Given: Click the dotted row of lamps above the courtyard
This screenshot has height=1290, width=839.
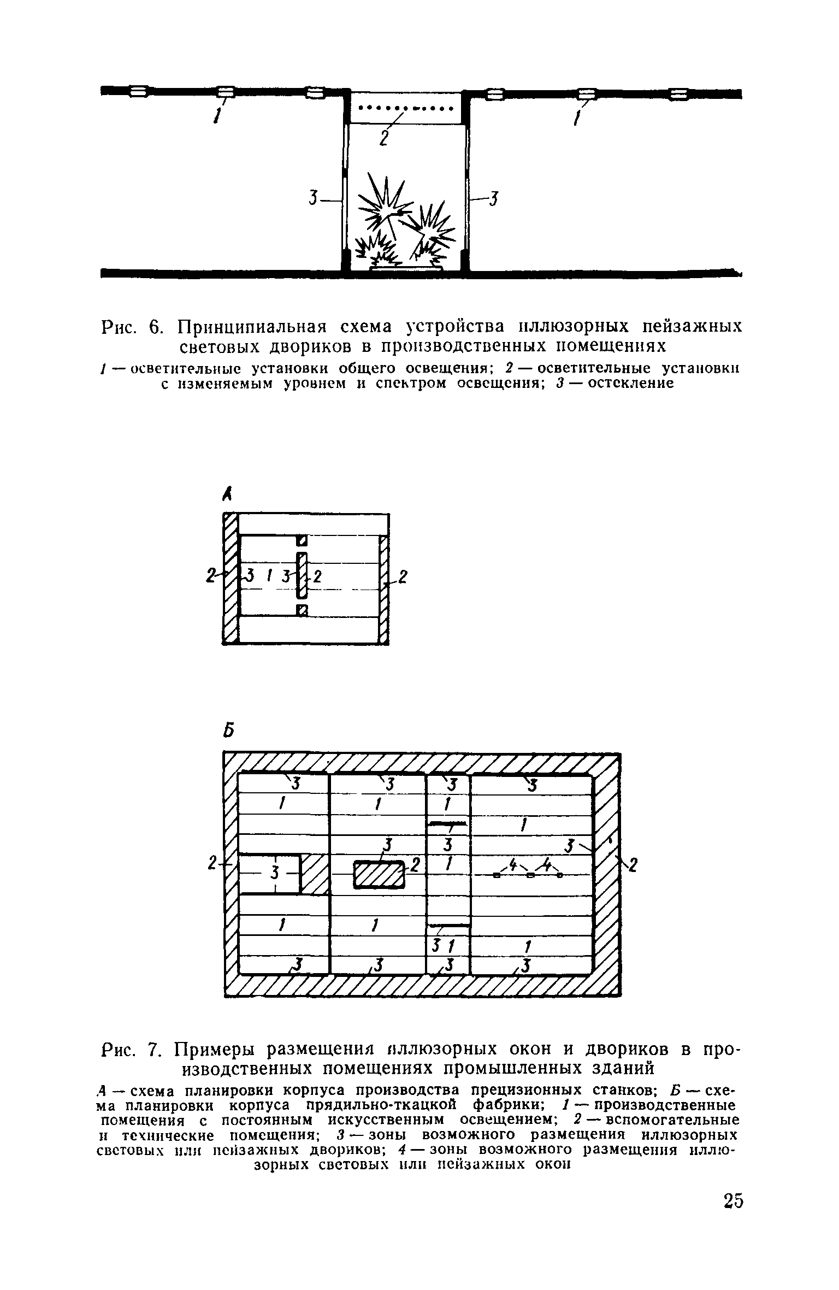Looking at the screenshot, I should [x=406, y=107].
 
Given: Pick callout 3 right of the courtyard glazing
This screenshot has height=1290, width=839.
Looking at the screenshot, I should [x=493, y=198].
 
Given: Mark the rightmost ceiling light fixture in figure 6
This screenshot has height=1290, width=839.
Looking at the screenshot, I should [x=678, y=94].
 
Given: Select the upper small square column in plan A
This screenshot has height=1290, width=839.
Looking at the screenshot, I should [x=300, y=540].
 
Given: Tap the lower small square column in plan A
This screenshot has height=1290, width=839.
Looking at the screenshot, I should [x=300, y=610].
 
